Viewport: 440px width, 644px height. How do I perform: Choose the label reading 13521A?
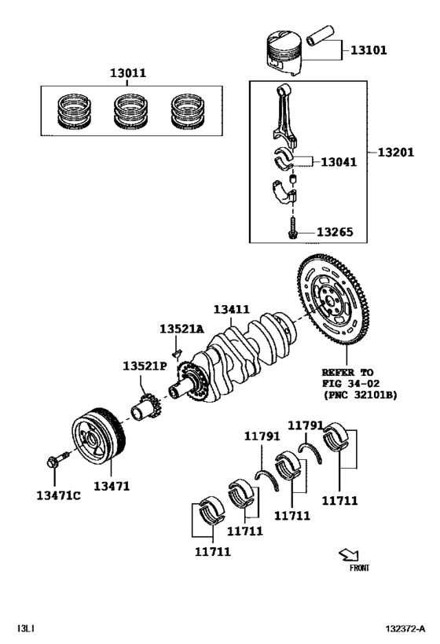pyautogui.click(x=181, y=329)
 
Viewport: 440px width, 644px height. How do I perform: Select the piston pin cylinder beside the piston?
pyautogui.click(x=322, y=38)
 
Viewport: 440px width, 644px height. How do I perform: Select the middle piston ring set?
pyautogui.click(x=130, y=111)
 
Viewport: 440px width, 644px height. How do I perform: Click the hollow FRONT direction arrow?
pyautogui.click(x=346, y=554)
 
